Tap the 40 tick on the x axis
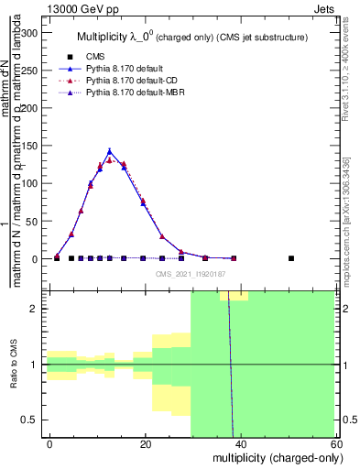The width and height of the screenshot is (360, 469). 239,443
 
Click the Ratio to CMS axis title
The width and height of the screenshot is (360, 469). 13,365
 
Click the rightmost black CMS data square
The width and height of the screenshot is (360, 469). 291,258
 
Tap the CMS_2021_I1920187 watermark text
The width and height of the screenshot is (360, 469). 190,273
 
